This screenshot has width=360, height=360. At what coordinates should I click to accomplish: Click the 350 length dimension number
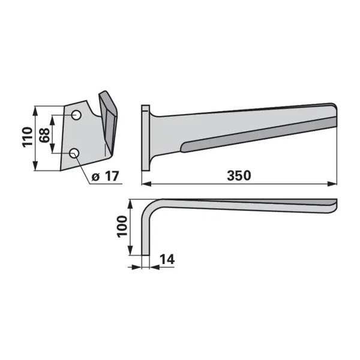pyautogui.click(x=239, y=176)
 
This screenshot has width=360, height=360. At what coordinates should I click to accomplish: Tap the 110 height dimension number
pyautogui.click(x=27, y=137)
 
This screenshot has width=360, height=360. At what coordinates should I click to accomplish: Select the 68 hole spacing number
pyautogui.click(x=44, y=135)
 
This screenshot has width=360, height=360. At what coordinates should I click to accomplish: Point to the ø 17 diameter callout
pyautogui.click(x=105, y=176)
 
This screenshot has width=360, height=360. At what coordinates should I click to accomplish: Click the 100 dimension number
pyautogui.click(x=122, y=226)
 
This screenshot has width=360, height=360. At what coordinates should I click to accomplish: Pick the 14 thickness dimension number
pyautogui.click(x=167, y=259)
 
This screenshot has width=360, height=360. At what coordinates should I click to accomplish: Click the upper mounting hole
pyautogui.click(x=76, y=115)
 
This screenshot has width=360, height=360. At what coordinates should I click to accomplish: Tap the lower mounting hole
pyautogui.click(x=74, y=153)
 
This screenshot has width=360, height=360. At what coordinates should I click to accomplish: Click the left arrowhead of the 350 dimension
pyautogui.click(x=146, y=184)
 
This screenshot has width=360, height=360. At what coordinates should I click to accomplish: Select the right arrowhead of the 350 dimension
pyautogui.click(x=332, y=184)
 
